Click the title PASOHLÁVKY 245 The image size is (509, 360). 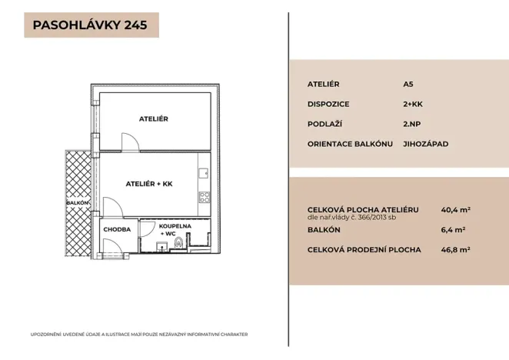pos(91,25)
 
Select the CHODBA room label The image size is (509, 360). pos(117,228)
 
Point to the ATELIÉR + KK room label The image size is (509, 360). pos(149,184)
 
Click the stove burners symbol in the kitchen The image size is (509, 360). pos(205,198)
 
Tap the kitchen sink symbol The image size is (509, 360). pos(205,174)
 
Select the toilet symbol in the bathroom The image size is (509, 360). pos(179,245)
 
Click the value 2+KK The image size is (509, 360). pos(413,104)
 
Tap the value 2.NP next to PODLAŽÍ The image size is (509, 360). pos(412,124)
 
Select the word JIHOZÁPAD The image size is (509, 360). pos(425,144)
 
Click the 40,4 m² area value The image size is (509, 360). pos(455,209)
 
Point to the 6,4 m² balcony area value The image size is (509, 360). pos(453,229)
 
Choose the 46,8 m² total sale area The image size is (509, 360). pos(455,249)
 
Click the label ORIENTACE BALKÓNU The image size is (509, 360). pos(350,144)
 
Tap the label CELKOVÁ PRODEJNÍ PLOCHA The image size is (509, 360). pos(364,249)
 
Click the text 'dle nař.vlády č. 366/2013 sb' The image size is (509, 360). pos(351,217)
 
